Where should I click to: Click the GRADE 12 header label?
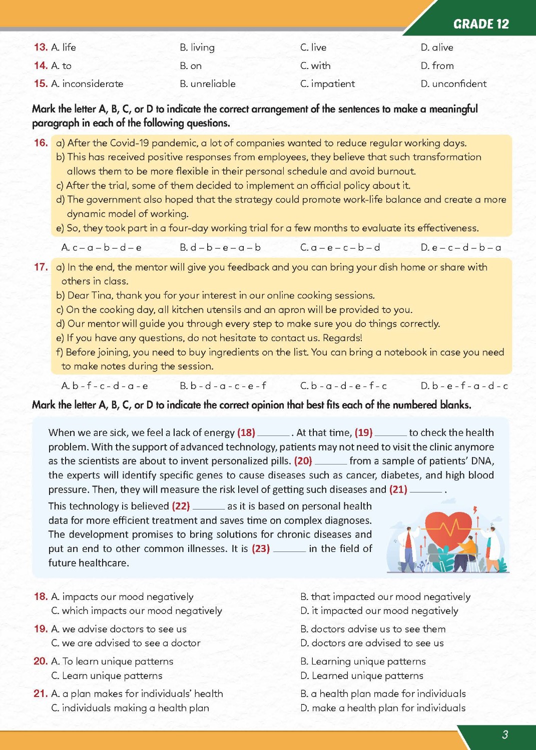[480, 24]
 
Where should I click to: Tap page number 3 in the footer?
[504, 734]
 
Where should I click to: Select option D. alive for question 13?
[437, 47]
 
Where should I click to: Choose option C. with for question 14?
[315, 65]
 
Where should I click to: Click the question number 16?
[41, 143]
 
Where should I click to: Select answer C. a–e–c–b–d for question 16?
[340, 247]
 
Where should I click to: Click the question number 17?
[41, 267]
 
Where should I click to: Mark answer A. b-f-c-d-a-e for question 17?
[105, 386]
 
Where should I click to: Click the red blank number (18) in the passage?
[246, 432]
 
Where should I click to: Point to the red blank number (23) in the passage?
[261, 548]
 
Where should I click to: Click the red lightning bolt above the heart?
[475, 509]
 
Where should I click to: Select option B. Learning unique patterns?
[363, 661]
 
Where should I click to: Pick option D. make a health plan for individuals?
[383, 708]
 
